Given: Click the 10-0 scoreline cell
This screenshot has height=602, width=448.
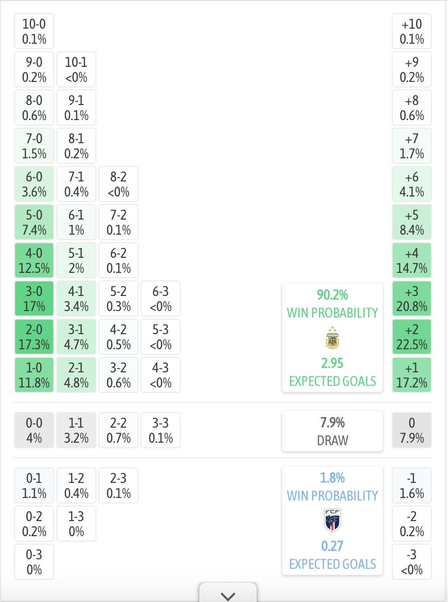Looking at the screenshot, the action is click(34, 31).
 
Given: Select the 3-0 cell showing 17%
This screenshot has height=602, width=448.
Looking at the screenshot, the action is click(34, 298).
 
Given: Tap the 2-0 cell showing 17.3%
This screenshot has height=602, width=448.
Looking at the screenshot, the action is click(34, 337).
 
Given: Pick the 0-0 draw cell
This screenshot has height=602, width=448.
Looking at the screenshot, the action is click(34, 430).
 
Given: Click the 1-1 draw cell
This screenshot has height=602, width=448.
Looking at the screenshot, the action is click(76, 430).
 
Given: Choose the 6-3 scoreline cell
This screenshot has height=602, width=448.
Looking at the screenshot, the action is click(161, 298).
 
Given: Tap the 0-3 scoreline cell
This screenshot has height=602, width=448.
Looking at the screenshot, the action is click(34, 562).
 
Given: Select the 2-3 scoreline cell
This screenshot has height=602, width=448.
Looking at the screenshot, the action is click(119, 485).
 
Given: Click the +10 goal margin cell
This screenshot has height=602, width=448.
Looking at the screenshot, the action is click(412, 31).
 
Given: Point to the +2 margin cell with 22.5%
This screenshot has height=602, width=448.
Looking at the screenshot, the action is click(412, 337).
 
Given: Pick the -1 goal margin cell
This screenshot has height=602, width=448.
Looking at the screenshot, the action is click(412, 485).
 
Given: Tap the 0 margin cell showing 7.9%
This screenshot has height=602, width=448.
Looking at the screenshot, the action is click(412, 430).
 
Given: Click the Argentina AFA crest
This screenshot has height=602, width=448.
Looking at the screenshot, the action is click(332, 338).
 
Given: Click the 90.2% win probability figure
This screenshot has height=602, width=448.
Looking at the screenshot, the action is click(332, 295).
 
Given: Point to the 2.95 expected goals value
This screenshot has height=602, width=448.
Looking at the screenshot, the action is click(332, 363).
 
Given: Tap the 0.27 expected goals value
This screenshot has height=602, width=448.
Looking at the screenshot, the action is click(332, 546).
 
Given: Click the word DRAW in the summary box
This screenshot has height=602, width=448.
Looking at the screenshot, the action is click(332, 440).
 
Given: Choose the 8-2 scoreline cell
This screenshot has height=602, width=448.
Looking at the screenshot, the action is click(119, 184).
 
